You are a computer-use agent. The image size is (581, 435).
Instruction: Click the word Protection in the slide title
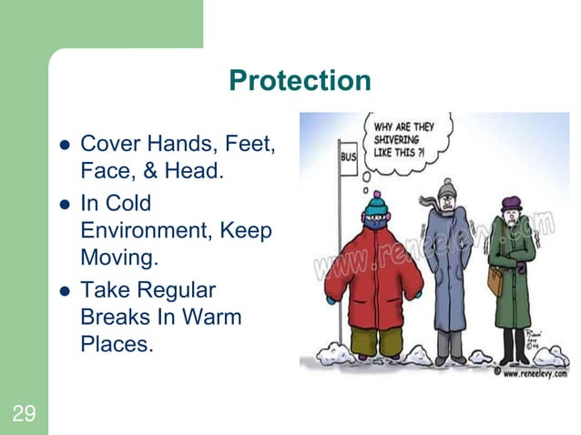pos(300,81)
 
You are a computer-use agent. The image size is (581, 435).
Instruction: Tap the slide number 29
pos(24,415)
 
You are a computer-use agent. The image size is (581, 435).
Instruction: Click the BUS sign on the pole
pos(348,157)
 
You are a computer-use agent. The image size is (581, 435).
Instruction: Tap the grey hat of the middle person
pos(447,189)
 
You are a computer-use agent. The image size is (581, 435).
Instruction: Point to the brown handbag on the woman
pos(494,282)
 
